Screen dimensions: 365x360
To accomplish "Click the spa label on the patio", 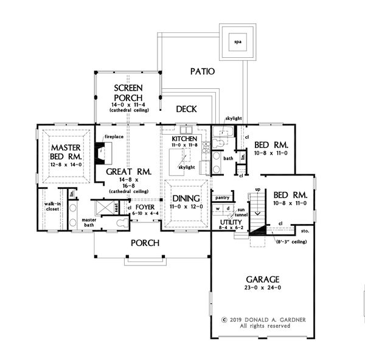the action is pyautogui.click(x=238, y=42).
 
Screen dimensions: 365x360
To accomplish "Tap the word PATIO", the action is pyautogui.click(x=203, y=71).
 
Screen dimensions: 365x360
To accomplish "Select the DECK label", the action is pyautogui.click(x=186, y=109).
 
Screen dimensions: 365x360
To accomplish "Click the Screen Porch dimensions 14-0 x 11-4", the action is pyautogui.click(x=128, y=105).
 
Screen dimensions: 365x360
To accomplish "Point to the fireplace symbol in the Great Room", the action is pyautogui.click(x=103, y=153).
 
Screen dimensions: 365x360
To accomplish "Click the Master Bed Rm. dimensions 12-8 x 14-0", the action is pyautogui.click(x=66, y=164).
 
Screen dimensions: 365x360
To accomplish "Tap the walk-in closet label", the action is pyautogui.click(x=52, y=206).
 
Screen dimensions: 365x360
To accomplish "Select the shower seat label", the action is pyautogui.click(x=116, y=207).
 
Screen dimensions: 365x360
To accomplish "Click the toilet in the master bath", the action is pyautogui.click(x=122, y=223).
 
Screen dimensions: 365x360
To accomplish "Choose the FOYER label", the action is pyautogui.click(x=145, y=207).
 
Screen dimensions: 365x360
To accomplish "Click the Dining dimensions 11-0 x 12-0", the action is pyautogui.click(x=186, y=206).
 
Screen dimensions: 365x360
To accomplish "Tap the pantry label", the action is pyautogui.click(x=222, y=198).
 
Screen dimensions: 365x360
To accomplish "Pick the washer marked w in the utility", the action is pyautogui.click(x=218, y=208).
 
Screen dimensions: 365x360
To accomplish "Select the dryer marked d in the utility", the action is pyautogui.click(x=228, y=208).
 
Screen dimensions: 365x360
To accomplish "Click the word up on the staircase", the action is pyautogui.click(x=258, y=189).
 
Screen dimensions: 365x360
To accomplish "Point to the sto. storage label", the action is pyautogui.click(x=305, y=231).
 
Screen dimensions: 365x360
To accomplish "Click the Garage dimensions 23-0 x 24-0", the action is pyautogui.click(x=263, y=288).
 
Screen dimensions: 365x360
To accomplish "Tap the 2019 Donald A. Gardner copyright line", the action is pyautogui.click(x=263, y=320).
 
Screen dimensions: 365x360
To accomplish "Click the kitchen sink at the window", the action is pyautogui.click(x=186, y=130).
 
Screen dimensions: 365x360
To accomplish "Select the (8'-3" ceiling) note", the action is pyautogui.click(x=291, y=242).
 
